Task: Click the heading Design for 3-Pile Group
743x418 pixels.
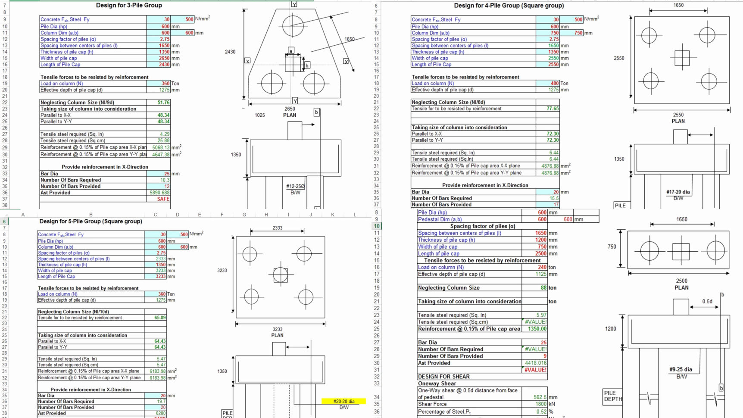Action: click(x=129, y=6)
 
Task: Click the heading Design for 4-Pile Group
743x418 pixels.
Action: click(x=509, y=6)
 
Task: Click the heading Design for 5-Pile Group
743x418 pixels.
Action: click(x=91, y=221)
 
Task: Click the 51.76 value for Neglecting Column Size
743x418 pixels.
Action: click(x=163, y=103)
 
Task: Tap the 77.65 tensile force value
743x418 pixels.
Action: click(x=552, y=109)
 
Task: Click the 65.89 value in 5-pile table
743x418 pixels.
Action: click(x=160, y=318)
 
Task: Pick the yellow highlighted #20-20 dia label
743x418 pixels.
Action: click(x=343, y=401)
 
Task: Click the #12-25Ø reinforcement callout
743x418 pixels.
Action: click(x=295, y=187)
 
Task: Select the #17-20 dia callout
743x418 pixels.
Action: click(x=678, y=192)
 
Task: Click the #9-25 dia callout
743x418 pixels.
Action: click(x=681, y=369)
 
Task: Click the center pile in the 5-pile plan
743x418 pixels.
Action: click(x=280, y=275)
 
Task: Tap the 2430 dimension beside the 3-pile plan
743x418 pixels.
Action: click(x=230, y=52)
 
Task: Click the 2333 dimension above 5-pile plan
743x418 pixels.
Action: click(x=278, y=228)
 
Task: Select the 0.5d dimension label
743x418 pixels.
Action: click(x=707, y=302)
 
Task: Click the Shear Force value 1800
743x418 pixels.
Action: click(x=541, y=404)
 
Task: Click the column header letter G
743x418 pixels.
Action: click(x=244, y=215)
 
